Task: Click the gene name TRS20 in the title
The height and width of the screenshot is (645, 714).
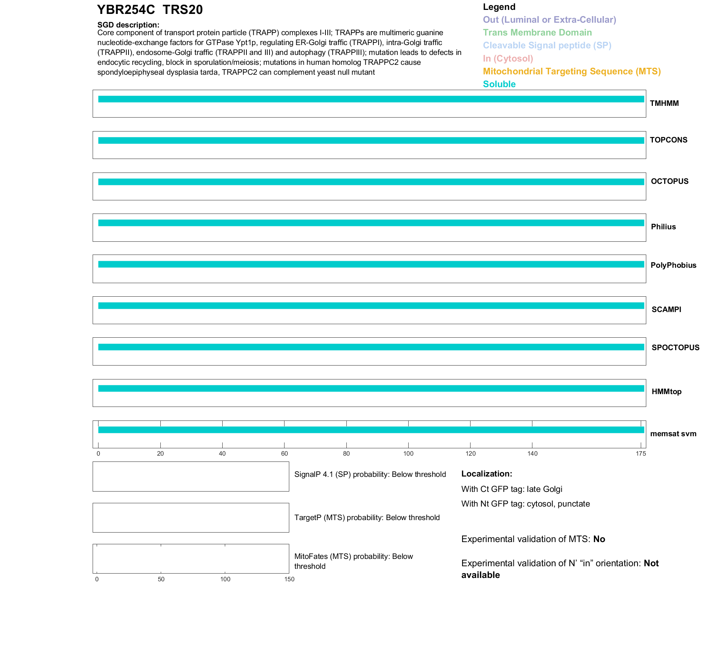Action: point(182,10)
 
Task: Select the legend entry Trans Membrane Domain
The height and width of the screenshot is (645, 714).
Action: point(537,33)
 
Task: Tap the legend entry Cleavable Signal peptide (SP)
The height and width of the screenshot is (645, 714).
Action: point(547,45)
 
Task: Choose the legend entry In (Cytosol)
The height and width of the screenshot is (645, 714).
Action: point(508,59)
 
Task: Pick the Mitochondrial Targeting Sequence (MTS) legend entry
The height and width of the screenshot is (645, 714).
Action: point(572,71)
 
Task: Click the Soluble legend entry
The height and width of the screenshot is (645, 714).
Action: point(499,84)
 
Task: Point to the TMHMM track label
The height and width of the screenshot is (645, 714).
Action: point(664,103)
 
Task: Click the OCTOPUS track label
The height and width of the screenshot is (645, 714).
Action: point(669,181)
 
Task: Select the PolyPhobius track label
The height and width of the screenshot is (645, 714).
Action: point(673,265)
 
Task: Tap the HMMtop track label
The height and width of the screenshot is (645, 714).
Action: point(666,392)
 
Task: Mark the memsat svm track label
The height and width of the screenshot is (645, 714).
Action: point(673,434)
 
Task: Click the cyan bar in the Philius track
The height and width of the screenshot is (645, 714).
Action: point(371,223)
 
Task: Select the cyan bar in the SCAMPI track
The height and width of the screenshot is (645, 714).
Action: point(371,306)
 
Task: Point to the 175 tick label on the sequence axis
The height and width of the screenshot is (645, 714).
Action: point(641,454)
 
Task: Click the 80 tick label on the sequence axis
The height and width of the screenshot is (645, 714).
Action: point(346,454)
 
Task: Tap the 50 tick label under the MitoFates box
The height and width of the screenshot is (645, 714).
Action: point(161,579)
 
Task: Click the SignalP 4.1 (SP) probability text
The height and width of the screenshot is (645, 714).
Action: point(370,475)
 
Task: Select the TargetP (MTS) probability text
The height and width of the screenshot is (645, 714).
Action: point(367,518)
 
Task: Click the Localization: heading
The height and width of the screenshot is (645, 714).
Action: point(487,474)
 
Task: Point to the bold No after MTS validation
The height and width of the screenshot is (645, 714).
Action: point(599,539)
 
